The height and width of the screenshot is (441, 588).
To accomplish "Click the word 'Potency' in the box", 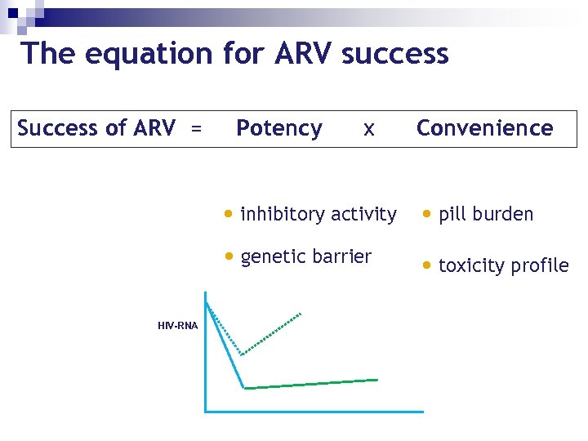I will (278, 128).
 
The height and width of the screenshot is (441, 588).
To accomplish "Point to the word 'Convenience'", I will (484, 128).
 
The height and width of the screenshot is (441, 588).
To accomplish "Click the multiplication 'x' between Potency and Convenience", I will (369, 129).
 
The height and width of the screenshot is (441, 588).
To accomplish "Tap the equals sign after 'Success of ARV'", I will (196, 129).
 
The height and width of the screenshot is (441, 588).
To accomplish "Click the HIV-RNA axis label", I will (177, 326).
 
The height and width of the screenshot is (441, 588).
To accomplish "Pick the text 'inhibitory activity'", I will (318, 214).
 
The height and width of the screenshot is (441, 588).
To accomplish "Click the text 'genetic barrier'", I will (306, 256).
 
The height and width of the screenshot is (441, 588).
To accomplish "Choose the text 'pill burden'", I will (486, 214).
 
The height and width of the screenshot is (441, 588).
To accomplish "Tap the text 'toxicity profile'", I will (503, 265).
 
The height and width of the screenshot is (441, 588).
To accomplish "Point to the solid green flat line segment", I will (310, 383).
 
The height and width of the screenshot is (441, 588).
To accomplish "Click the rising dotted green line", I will (273, 333).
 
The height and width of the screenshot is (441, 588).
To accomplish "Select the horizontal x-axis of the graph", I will (314, 411).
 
